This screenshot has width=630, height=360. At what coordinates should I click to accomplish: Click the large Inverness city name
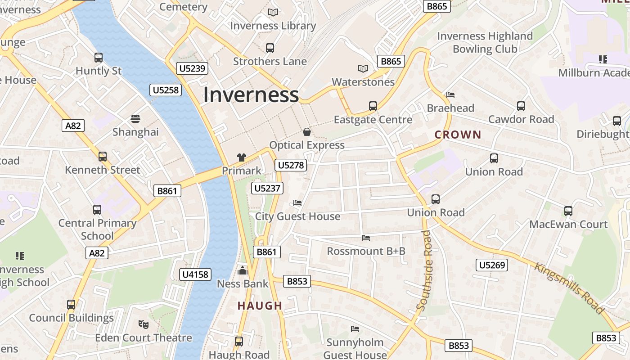coord(251,95)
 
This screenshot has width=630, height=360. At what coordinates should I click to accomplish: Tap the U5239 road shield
coord(192,68)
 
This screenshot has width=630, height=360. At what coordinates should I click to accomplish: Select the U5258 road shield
coord(166,90)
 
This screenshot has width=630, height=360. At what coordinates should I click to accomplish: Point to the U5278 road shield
coord(291,165)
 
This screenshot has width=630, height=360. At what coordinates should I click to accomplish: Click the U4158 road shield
coord(196,274)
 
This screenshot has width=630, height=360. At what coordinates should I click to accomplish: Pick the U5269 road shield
coord(492,265)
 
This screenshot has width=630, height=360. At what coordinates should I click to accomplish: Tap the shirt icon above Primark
coord(242,157)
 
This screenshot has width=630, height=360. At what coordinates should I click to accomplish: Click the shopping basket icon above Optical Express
coord(307,132)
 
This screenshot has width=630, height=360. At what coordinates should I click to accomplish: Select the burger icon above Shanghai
coord(135,119)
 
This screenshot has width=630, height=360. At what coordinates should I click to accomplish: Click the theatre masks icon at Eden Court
coord(143,324)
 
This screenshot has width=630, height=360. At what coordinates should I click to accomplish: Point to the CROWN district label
coord(458,135)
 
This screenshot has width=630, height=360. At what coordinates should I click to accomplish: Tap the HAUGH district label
coord(260,306)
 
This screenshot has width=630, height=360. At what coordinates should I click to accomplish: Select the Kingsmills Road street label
coord(569,288)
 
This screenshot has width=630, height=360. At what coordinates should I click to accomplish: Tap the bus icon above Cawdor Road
coord(521,106)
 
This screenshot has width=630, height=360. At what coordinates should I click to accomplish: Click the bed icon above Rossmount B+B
coord(366,238)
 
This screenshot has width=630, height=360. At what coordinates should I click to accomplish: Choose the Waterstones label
coord(363,82)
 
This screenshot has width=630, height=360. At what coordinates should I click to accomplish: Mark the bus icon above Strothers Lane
coord(270,48)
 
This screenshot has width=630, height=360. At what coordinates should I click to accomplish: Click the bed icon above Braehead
coord(450,95)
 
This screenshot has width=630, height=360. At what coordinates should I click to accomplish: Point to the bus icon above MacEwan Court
coord(568,211)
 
